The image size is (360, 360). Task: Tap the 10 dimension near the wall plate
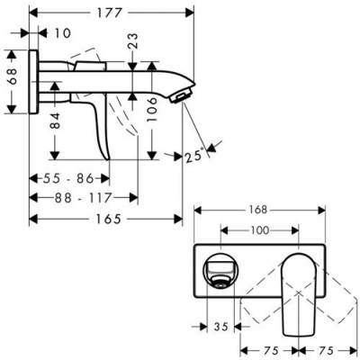(60, 33)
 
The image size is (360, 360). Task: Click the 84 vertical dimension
(54, 121)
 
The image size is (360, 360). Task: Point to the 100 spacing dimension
(259, 230)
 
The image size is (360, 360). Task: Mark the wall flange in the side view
(34, 80)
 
